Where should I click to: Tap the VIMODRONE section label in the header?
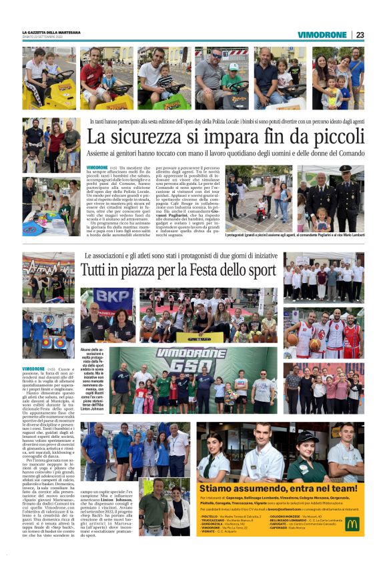pyautogui.click(x=322, y=35)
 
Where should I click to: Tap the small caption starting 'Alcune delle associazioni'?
pyautogui.click(x=91, y=374)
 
